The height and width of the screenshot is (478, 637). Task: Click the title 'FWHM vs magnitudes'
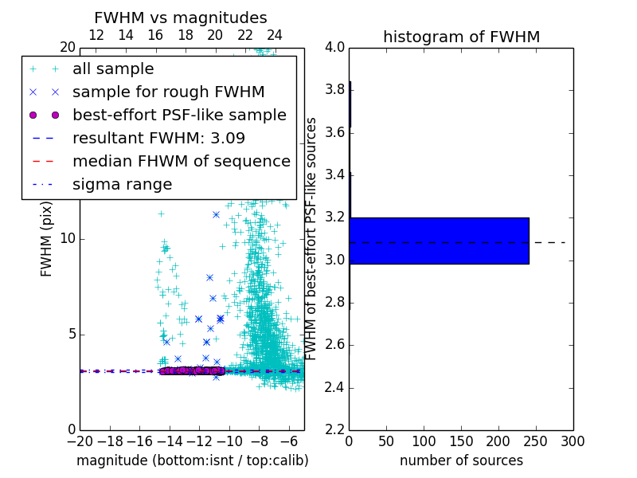[x=181, y=18]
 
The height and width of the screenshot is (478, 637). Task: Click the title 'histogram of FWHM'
[x=461, y=37]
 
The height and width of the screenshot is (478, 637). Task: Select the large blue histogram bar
[x=439, y=241]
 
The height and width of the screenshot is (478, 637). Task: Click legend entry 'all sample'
[x=113, y=69]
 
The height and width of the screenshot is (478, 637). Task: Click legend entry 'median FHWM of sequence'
[x=181, y=162]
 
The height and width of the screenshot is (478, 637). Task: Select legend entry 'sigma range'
[x=122, y=185]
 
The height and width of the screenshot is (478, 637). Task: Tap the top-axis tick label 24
[x=275, y=35]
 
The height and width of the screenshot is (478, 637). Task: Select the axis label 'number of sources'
[x=461, y=460]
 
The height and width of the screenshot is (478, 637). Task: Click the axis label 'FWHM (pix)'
[x=47, y=239]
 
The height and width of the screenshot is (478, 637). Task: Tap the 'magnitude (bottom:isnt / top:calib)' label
[x=192, y=460]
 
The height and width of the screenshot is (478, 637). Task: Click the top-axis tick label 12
[x=96, y=35]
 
